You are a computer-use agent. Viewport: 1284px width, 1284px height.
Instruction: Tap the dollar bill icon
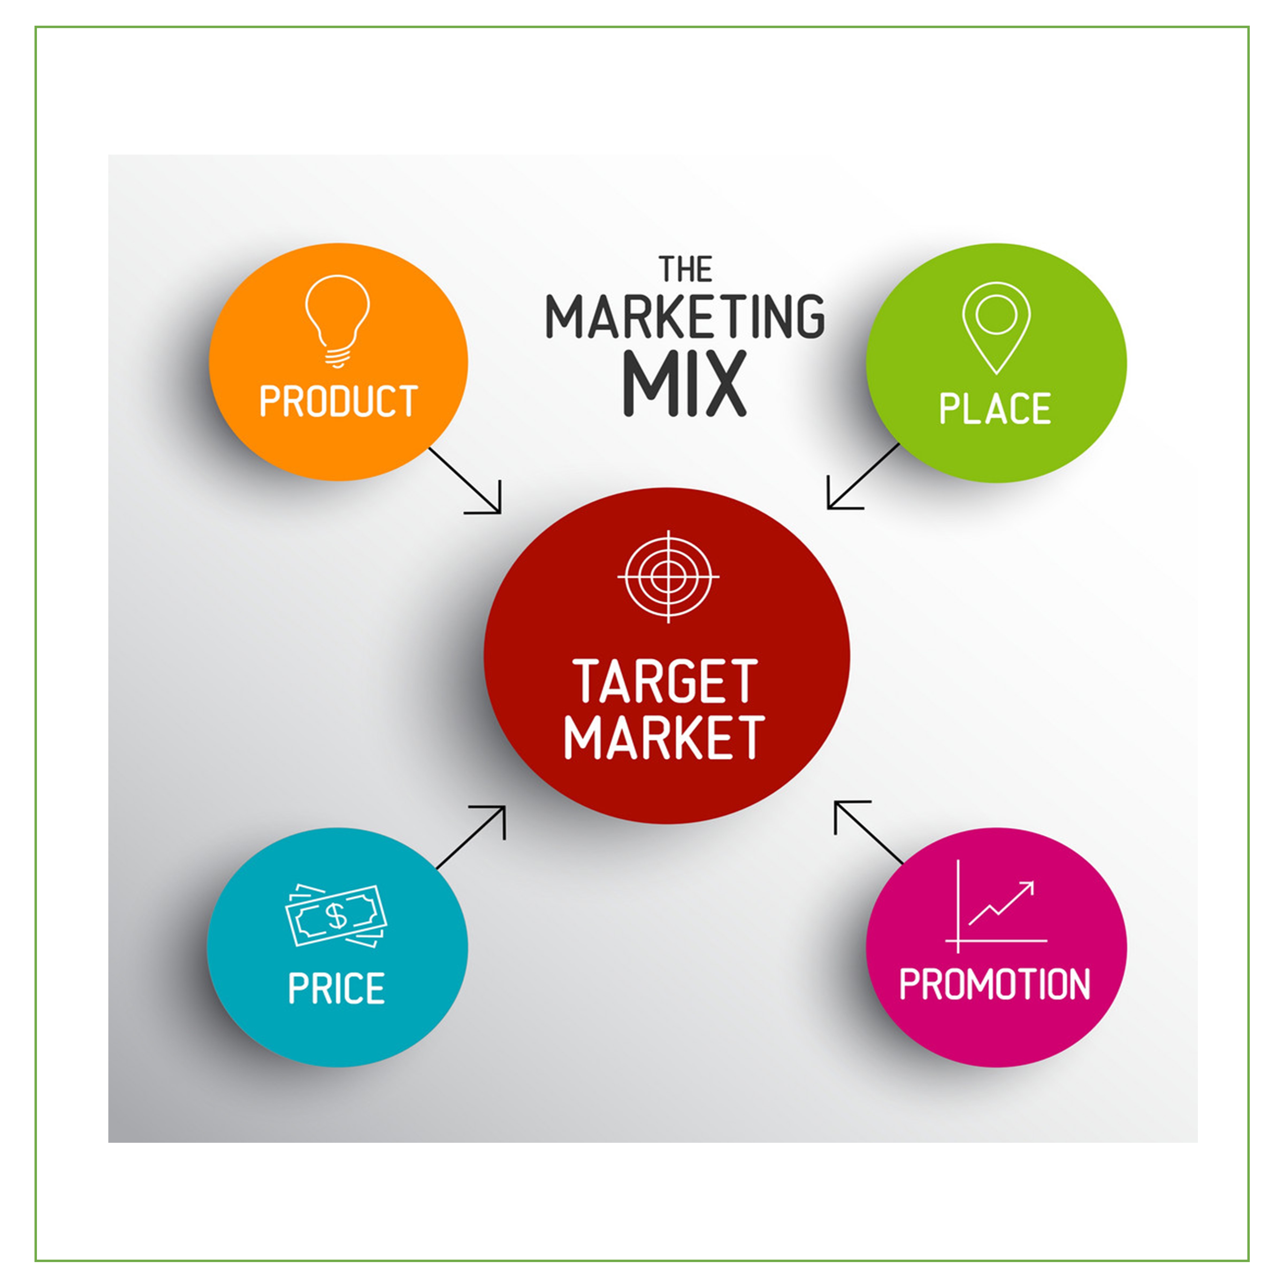click(336, 916)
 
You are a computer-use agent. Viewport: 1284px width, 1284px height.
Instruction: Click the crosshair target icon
click(668, 576)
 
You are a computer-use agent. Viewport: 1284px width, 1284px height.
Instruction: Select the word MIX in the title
click(685, 384)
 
